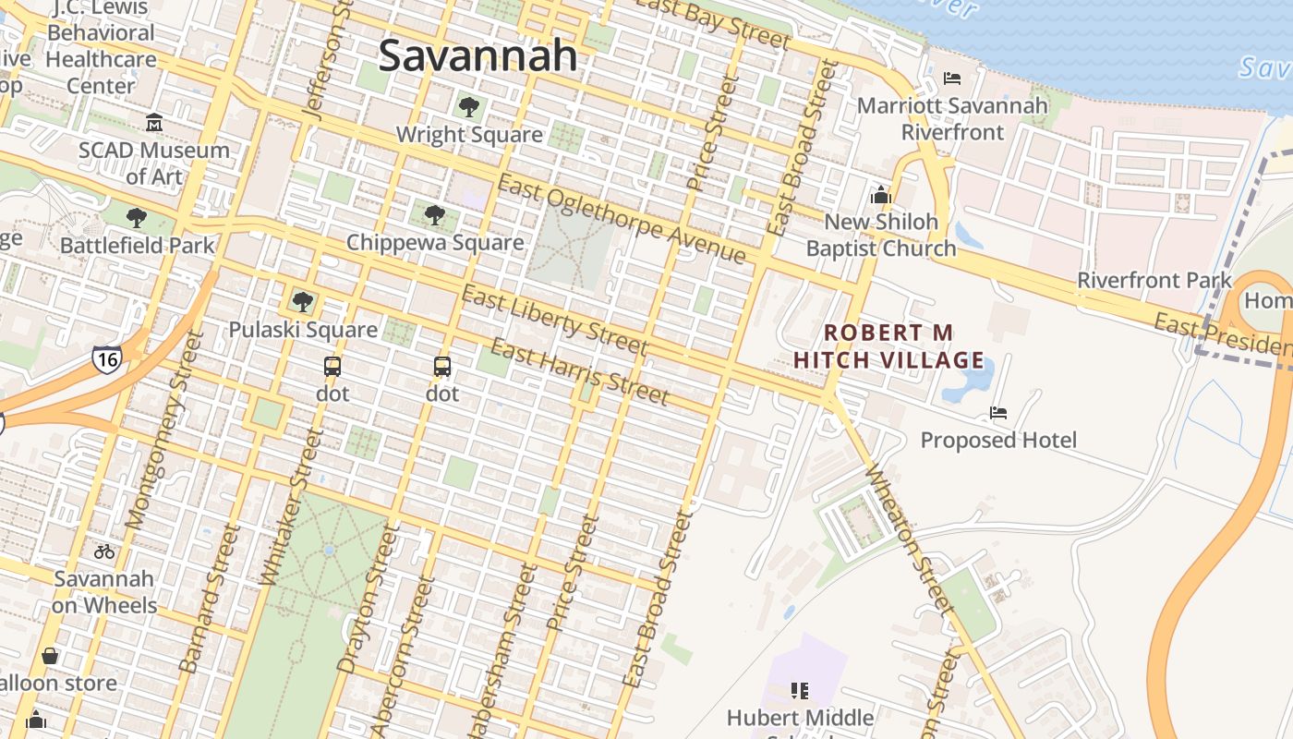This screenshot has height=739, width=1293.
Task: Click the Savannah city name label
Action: coord(477,55)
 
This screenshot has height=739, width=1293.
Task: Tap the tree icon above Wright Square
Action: coord(469,106)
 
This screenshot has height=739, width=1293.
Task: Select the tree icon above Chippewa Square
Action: coord(435,215)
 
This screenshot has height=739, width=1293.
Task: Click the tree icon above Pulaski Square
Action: coord(302,301)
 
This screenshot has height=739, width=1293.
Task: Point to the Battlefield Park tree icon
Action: coord(137,218)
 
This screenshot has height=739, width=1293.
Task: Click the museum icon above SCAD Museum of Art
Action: coord(154,122)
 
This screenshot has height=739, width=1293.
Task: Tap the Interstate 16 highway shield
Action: coord(106,358)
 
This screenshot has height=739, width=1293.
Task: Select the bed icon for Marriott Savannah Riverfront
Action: coord(952,79)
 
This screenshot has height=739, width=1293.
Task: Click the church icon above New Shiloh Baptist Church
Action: coord(880,195)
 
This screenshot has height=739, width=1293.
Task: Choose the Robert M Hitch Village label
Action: coord(888,346)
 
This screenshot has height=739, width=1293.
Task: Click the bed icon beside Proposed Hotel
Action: coord(998,412)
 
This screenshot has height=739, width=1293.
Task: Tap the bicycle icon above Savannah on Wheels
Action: coord(104,551)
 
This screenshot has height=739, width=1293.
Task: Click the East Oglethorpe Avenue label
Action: coord(621,219)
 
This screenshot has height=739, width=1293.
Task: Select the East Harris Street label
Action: coord(578,372)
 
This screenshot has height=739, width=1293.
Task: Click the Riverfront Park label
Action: coord(1154,280)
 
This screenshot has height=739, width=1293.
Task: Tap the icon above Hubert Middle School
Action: coord(800,690)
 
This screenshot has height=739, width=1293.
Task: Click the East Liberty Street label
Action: coord(554,321)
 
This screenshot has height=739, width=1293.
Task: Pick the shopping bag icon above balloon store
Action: coord(50,656)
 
